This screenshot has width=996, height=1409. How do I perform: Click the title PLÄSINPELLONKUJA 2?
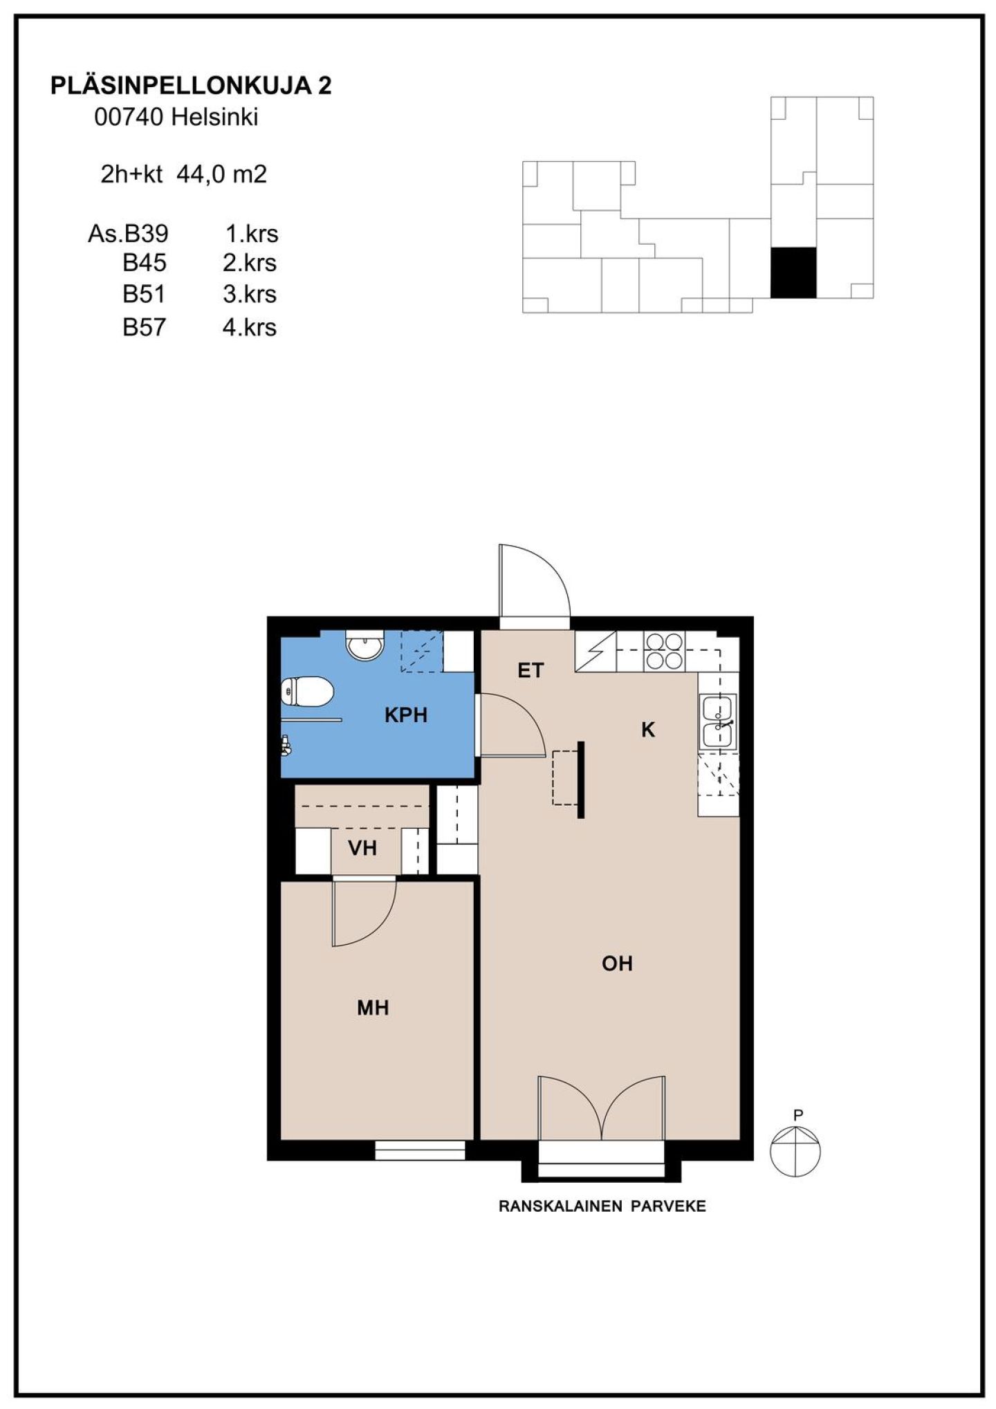coord(191,85)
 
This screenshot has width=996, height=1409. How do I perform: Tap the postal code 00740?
coord(129,117)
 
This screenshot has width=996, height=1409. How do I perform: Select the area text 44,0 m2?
coord(222,174)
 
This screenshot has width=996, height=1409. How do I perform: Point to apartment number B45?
coord(145,263)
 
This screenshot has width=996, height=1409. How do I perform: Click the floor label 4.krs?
coord(249,326)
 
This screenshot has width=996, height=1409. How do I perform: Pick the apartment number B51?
coord(144,294)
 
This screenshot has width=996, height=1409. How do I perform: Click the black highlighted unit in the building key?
coord(793,273)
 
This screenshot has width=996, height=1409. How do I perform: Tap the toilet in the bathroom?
coord(308,692)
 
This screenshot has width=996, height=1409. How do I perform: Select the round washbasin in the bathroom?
coord(365,645)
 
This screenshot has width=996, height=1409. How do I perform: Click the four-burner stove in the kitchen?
coord(664,651)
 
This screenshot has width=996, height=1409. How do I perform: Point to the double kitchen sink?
coord(719,721)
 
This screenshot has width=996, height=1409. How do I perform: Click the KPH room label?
coord(406,715)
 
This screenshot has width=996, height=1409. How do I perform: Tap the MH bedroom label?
coord(373,1008)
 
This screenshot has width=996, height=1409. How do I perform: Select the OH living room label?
coord(617,964)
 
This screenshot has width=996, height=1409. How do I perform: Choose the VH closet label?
coord(362,848)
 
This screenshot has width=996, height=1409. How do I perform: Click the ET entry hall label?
coord(531,670)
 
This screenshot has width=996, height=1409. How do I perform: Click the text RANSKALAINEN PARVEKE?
coord(602,1206)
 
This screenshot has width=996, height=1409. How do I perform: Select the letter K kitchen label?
coord(648,730)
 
